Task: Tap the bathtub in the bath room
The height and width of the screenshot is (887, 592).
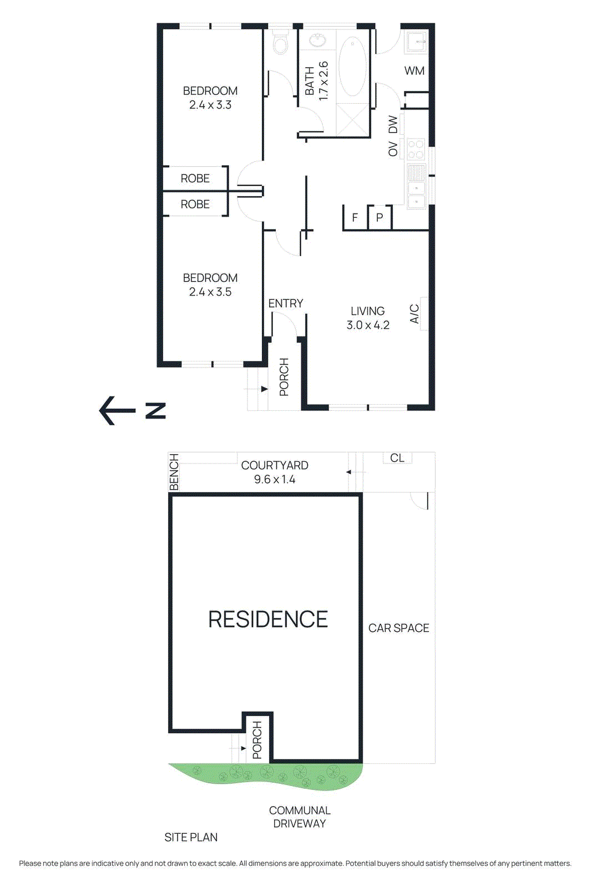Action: pyautogui.click(x=352, y=67)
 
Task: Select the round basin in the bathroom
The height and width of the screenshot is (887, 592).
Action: pyautogui.click(x=317, y=40)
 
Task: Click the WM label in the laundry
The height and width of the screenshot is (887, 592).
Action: pyautogui.click(x=414, y=71)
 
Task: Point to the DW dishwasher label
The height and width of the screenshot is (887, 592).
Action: pyautogui.click(x=393, y=125)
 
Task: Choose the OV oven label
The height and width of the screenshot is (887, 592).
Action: pyautogui.click(x=393, y=149)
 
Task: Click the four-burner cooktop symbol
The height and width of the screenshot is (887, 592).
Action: pyautogui.click(x=416, y=149)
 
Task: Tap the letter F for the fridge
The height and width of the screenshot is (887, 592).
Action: pyautogui.click(x=355, y=218)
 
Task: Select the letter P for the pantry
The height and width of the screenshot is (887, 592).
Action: pyautogui.click(x=380, y=218)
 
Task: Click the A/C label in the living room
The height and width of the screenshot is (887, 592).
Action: pyautogui.click(x=414, y=314)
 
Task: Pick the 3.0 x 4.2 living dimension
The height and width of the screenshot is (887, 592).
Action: pyautogui.click(x=368, y=325)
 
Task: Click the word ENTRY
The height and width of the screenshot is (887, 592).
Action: pyautogui.click(x=286, y=303)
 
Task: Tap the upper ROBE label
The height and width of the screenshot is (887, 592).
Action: pyautogui.click(x=195, y=179)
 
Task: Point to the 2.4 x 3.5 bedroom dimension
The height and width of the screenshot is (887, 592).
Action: pyautogui.click(x=210, y=292)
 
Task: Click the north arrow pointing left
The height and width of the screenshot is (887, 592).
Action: pyautogui.click(x=117, y=411)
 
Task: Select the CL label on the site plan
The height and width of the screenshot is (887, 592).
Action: pyautogui.click(x=397, y=458)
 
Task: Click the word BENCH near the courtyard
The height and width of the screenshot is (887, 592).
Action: pyautogui.click(x=174, y=472)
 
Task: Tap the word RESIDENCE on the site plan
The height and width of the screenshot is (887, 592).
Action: pyautogui.click(x=268, y=619)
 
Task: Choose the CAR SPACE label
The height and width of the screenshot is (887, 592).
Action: pyautogui.click(x=399, y=628)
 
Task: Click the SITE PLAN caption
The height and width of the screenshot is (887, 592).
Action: pyautogui.click(x=191, y=837)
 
